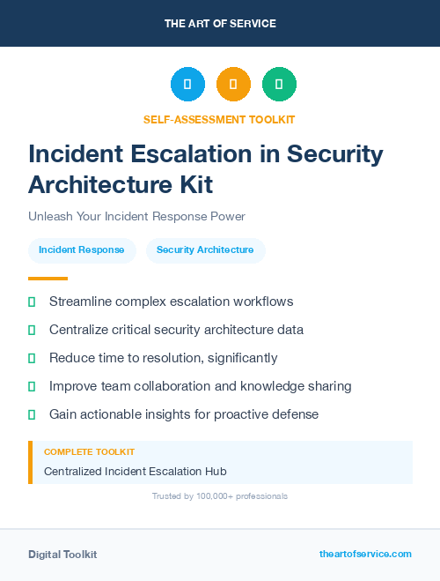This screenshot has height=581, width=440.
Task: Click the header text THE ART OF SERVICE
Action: click(x=220, y=24)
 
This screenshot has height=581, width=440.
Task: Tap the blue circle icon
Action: click(x=187, y=85)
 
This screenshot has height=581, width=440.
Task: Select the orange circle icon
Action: click(x=233, y=85)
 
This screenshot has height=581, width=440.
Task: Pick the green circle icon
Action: click(x=279, y=85)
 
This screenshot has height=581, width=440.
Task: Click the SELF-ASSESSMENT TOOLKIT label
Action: click(x=219, y=119)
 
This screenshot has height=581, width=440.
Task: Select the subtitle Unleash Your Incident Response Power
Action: click(x=136, y=216)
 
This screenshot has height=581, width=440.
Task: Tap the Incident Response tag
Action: click(x=82, y=250)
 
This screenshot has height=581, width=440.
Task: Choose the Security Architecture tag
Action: click(x=205, y=250)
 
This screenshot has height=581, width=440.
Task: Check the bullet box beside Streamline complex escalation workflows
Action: click(x=32, y=302)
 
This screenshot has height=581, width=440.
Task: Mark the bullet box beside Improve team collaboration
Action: click(x=32, y=386)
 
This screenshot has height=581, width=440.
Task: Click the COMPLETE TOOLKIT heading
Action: click(x=89, y=451)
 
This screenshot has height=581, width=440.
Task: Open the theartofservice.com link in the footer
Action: click(x=365, y=554)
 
